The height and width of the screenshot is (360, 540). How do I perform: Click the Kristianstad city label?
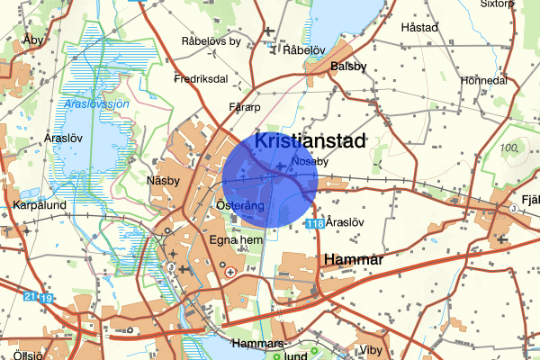click(310, 141)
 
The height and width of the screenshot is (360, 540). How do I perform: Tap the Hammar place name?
click(353, 260)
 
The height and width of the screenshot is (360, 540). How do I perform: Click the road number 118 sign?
click(314, 223)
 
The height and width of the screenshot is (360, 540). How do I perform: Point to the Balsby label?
click(348, 67)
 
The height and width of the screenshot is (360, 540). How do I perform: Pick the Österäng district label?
click(240, 207)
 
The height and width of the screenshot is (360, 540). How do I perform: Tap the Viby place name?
click(370, 349)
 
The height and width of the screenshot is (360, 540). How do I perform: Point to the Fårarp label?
click(245, 107)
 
